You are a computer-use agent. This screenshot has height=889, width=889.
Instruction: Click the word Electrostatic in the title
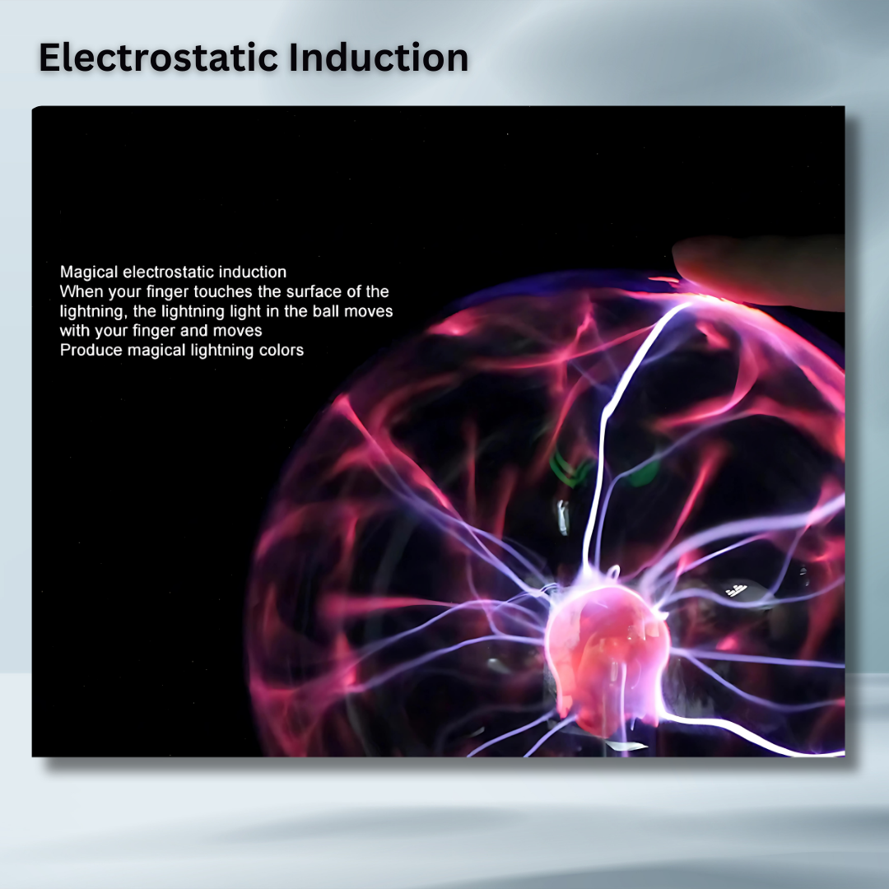[159, 58]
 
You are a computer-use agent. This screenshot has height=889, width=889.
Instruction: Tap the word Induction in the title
[379, 58]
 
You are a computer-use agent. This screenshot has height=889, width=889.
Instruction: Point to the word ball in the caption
[325, 310]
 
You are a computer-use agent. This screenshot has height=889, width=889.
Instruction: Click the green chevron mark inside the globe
[570, 468]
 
